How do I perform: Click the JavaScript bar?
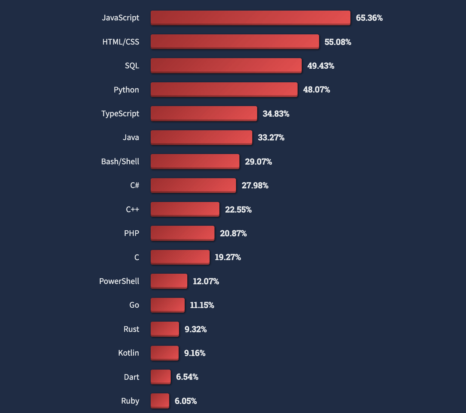point(250,18)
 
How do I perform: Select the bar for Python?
point(224,89)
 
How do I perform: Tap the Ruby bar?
point(160,401)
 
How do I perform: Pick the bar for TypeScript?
point(204,113)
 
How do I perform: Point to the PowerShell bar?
point(169,281)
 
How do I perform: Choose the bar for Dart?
point(160,377)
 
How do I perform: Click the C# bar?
point(193,185)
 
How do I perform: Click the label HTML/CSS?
point(121,42)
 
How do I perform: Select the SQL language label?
point(132,66)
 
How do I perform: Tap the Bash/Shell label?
point(120,162)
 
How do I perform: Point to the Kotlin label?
point(128,353)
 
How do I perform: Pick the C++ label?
point(133,210)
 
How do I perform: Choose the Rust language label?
point(131,329)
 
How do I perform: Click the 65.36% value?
point(369,18)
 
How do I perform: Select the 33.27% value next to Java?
point(271,137)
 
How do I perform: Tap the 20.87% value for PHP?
point(233,233)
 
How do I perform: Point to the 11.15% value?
point(202,305)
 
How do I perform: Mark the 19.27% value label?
point(228,257)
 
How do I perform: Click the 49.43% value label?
point(321,66)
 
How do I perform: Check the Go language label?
point(134,305)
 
